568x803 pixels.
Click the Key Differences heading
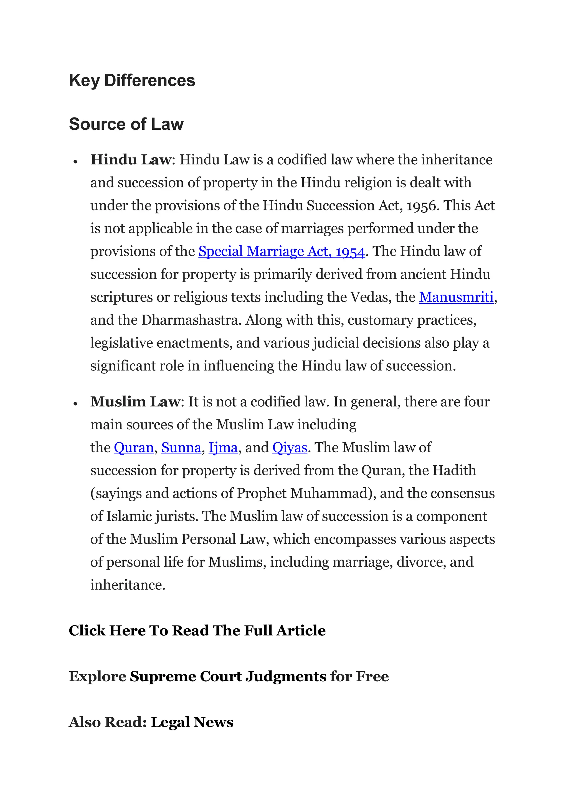point(132,80)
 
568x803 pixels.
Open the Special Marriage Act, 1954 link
point(282,251)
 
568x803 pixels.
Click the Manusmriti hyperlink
point(456,297)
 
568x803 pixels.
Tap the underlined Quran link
point(134,448)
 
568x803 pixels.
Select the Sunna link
point(181,448)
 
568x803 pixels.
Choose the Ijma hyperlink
point(223,448)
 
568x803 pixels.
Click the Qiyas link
point(290,448)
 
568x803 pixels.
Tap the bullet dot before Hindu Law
point(75,162)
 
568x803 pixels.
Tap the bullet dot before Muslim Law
point(75,404)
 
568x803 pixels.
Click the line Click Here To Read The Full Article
point(197,631)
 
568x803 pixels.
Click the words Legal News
point(192,722)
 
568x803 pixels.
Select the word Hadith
point(454,470)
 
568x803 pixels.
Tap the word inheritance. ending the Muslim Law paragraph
point(127,585)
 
